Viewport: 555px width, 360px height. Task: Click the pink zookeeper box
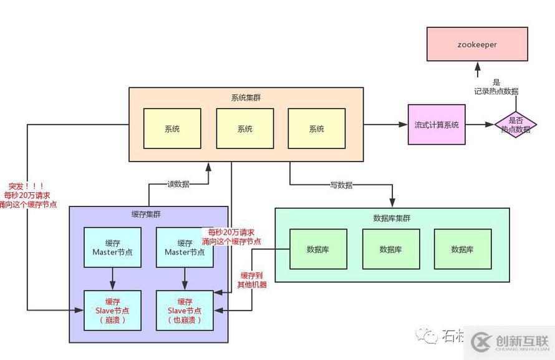(477, 45)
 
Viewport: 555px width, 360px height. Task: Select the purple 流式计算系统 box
(437, 125)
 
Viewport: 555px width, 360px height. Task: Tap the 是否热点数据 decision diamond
(515, 125)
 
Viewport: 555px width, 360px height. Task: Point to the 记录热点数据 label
(496, 91)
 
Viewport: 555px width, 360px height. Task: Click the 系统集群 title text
(246, 97)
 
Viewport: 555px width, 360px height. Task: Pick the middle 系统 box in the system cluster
(245, 129)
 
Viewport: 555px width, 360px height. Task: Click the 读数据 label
(178, 184)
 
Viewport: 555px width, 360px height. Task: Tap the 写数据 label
(341, 185)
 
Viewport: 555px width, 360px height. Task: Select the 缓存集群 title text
(148, 215)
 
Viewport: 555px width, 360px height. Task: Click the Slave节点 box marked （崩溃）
(113, 310)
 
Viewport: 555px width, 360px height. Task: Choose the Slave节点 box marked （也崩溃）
(185, 310)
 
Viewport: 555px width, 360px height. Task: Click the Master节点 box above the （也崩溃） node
(185, 248)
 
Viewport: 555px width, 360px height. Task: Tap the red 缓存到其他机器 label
(252, 280)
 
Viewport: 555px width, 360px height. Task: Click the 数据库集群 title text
(392, 218)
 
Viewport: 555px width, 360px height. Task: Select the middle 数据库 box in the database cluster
(391, 249)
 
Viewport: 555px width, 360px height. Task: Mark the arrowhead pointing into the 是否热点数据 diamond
(492, 125)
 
